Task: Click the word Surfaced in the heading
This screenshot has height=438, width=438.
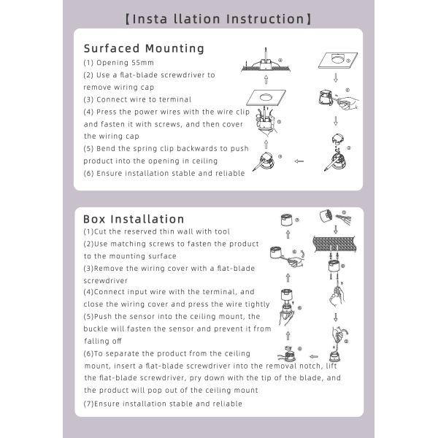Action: (x=112, y=48)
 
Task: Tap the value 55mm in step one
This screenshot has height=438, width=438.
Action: (x=142, y=63)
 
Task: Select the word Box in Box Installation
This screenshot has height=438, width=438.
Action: (x=94, y=219)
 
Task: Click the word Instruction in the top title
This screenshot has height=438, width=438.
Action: (x=265, y=19)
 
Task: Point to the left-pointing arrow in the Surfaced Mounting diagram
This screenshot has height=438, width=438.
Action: (x=299, y=161)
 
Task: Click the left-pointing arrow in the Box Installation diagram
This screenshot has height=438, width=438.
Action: (x=314, y=356)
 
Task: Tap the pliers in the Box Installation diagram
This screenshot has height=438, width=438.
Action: (x=344, y=218)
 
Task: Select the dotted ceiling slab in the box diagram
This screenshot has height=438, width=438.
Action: (x=334, y=244)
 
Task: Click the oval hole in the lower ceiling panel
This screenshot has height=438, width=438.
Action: (x=266, y=98)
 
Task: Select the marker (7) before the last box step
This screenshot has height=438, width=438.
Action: (x=88, y=404)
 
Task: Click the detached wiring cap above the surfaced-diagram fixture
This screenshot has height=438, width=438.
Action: (x=338, y=139)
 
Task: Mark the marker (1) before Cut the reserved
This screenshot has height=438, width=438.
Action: (x=88, y=231)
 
